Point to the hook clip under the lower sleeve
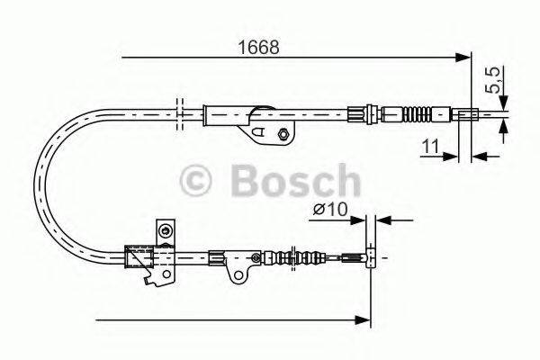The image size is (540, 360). click(146, 278)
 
